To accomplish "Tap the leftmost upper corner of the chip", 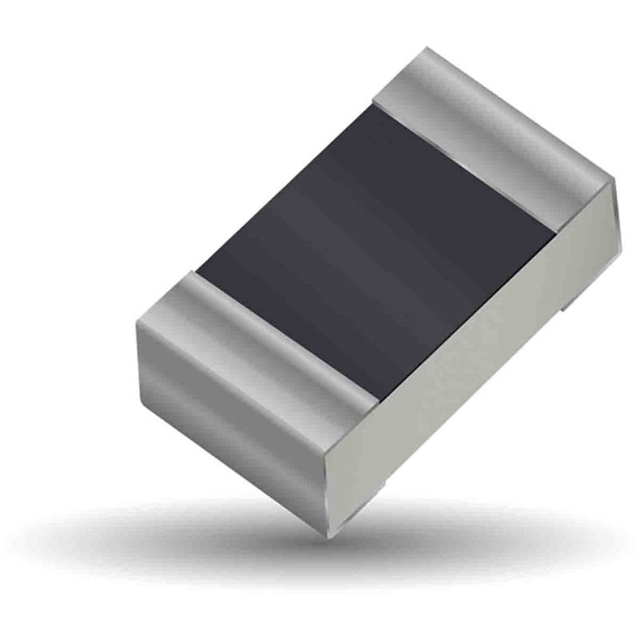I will [136, 319].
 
